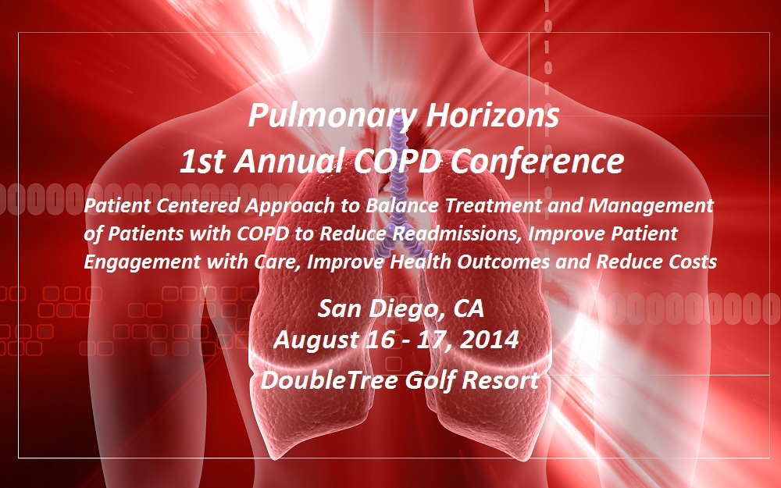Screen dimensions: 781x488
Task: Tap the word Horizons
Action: pos(492,114)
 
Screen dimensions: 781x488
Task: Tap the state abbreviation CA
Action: pos(468,308)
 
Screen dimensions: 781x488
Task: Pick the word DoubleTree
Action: pos(329,380)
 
